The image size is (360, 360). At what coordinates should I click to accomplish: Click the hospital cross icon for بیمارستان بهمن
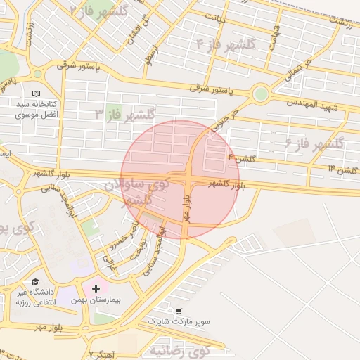coord(96,288)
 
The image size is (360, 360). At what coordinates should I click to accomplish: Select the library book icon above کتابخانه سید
coord(37,93)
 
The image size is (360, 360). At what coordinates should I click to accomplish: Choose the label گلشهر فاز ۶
coord(314,143)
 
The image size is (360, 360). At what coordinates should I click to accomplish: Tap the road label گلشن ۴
coord(241,159)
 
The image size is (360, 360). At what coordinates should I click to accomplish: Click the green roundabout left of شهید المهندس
coord(261,94)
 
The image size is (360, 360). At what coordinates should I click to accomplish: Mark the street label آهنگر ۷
coord(103,353)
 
